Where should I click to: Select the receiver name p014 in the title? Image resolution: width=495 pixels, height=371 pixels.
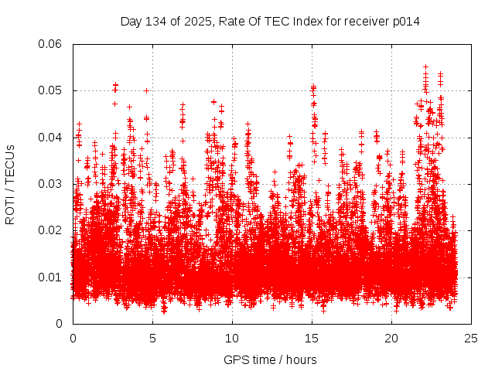click(405, 22)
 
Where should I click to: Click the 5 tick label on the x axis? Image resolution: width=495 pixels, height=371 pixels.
click(152, 338)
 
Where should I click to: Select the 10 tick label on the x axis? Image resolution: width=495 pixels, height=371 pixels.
click(232, 338)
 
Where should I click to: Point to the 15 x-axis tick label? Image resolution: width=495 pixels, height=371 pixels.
click(312, 338)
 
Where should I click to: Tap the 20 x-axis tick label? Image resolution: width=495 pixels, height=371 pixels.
click(391, 338)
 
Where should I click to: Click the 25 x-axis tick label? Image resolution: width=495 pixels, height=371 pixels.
click(471, 338)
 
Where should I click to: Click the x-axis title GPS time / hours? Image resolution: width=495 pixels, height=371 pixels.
click(271, 359)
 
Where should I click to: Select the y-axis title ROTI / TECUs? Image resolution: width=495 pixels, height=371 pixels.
click(10, 184)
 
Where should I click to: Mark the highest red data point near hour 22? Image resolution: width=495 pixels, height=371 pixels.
click(425, 66)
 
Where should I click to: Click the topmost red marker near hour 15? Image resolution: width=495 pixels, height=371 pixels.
click(313, 87)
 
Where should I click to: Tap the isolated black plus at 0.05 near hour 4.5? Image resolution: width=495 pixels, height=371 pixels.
click(146, 90)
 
